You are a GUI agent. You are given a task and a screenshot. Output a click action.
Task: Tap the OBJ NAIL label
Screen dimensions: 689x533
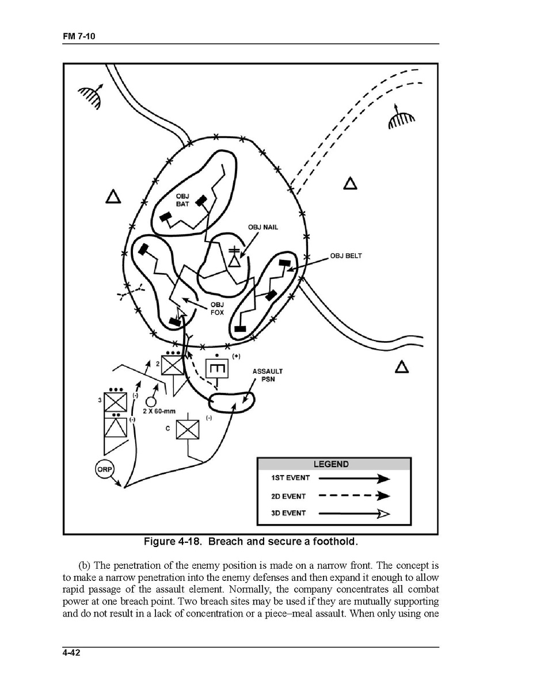[263, 227]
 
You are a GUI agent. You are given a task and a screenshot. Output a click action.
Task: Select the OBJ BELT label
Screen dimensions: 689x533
[346, 256]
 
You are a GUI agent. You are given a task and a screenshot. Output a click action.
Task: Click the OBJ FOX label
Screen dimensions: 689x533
[216, 308]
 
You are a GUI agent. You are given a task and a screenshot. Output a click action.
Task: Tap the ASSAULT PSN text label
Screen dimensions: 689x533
[268, 375]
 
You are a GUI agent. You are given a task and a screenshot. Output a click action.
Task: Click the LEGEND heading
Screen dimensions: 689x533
[330, 464]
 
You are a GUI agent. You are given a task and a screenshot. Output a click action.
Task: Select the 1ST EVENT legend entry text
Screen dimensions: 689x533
[290, 478]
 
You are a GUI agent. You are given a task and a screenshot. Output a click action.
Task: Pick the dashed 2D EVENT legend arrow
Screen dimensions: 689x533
[354, 496]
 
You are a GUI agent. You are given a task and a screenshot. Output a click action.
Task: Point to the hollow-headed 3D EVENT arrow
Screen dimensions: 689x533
[354, 514]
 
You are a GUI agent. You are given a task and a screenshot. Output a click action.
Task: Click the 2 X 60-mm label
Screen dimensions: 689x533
[158, 412]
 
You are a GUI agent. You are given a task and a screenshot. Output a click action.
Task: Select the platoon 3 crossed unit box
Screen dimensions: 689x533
[115, 401]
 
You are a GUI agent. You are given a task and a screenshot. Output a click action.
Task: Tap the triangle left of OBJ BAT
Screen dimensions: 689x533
[113, 197]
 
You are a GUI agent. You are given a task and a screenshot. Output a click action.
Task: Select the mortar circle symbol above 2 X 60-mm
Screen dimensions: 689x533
[151, 401]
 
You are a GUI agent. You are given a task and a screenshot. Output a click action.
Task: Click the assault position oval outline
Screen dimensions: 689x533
[231, 401]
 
